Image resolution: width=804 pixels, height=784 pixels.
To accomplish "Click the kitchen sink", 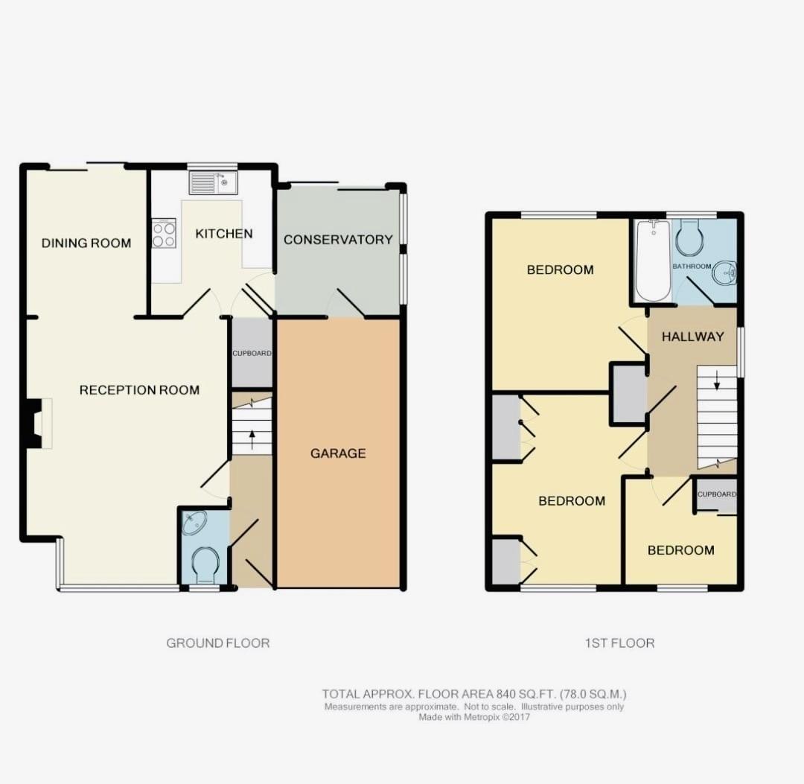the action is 214,183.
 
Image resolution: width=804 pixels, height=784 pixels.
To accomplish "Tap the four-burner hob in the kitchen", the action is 164,233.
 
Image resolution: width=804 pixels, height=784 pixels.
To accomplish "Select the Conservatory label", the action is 338,240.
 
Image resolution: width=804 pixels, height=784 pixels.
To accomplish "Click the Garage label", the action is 338,453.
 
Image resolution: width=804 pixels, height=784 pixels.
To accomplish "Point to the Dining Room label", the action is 86,243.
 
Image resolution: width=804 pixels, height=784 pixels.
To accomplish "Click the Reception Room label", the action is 139,390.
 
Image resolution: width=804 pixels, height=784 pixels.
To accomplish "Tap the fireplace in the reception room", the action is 39,424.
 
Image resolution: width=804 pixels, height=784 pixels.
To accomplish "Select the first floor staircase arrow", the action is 717,380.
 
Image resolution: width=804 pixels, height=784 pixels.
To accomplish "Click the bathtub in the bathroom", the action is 653,261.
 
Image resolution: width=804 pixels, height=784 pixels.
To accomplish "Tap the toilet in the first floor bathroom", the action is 690,238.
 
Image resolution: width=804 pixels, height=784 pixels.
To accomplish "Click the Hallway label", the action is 693,337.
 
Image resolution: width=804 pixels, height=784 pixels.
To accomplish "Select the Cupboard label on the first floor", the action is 717,494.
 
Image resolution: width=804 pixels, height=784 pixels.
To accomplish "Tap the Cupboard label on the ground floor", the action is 252,354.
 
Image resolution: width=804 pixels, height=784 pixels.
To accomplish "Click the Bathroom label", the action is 692,266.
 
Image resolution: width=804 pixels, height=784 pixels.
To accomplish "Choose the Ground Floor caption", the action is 218,643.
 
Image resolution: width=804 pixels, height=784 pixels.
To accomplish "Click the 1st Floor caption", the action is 620,643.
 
